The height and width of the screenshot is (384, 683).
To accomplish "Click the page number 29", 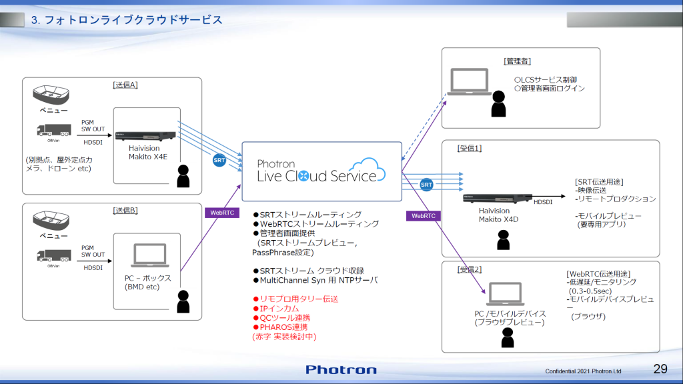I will click(x=660, y=369).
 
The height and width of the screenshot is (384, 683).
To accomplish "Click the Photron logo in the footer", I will click(x=341, y=369).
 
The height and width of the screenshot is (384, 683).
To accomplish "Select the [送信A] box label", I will click(x=125, y=85).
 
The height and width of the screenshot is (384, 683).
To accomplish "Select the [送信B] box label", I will click(x=125, y=211).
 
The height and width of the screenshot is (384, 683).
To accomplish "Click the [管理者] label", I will click(x=517, y=61).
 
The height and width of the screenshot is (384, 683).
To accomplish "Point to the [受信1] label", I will click(x=470, y=147).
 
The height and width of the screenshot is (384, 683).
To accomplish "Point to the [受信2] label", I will click(x=470, y=269).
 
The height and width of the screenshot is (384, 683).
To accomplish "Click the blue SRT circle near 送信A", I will click(x=219, y=161).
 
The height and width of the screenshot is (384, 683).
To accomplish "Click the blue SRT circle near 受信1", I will click(x=427, y=184).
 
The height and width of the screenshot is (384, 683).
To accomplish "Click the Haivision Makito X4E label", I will click(x=144, y=153).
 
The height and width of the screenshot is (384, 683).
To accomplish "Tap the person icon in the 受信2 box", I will click(x=508, y=337).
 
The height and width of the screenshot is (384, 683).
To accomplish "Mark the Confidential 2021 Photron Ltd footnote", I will click(x=583, y=371).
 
